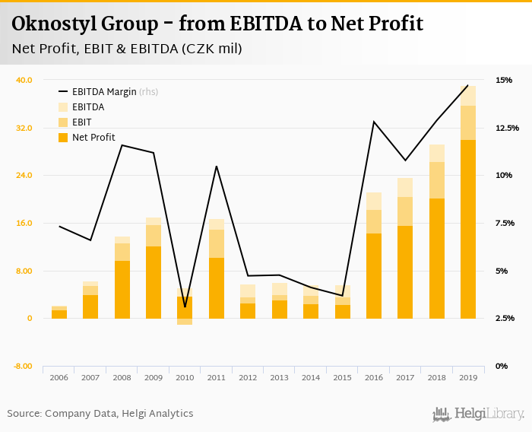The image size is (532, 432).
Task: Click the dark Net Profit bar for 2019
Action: pos(467,228)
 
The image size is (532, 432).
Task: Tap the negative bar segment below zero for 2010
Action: pos(185,322)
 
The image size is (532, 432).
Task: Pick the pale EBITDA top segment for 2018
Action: pos(436,153)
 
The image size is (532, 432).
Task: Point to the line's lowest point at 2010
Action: pos(185,307)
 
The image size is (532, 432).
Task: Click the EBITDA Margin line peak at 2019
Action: pos(467,85)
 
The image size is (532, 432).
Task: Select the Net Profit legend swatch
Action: pos(63,138)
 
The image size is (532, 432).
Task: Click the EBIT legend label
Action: pos(81,122)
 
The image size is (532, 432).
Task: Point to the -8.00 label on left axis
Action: pos(22,366)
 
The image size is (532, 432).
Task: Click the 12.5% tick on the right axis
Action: pos(507,128)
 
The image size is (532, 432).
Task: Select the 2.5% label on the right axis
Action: pos(507,318)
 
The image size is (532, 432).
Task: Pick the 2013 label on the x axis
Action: pos(279,377)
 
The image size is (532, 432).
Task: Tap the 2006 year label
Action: pos(59,377)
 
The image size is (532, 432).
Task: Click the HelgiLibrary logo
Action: pos(478,414)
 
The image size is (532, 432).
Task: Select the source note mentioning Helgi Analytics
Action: pos(100,414)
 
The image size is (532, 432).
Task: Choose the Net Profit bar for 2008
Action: pos(122,289)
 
